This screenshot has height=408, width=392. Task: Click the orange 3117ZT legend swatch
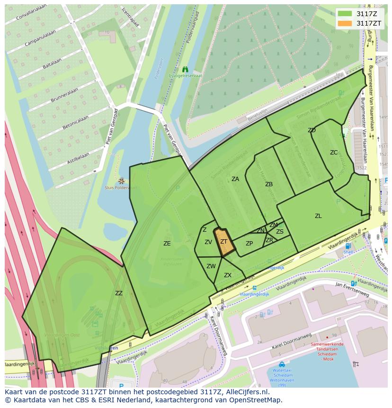tap(345, 23)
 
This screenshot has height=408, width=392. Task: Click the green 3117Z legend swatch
tap(345, 13)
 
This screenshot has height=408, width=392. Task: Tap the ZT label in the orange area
tap(224, 242)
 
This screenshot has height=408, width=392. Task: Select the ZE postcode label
tap(167, 244)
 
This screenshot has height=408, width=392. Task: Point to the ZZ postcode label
tap(119, 293)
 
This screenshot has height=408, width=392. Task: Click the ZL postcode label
tap(318, 216)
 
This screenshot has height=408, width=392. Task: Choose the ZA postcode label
tap(235, 179)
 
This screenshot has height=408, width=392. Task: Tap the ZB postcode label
tap(269, 184)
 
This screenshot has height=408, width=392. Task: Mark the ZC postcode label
tap(334, 153)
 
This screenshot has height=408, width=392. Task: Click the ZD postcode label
tap(312, 130)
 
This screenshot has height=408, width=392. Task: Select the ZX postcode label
tap(228, 275)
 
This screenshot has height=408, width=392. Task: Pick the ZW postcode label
tap(211, 266)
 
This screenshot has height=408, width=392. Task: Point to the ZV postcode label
tap(208, 242)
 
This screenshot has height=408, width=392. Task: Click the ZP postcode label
tap(249, 244)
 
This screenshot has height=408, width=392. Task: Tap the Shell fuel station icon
tap(348, 246)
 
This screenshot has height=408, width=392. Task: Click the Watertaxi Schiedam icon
tap(282, 364)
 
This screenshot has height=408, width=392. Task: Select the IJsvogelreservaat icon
tap(185, 69)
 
